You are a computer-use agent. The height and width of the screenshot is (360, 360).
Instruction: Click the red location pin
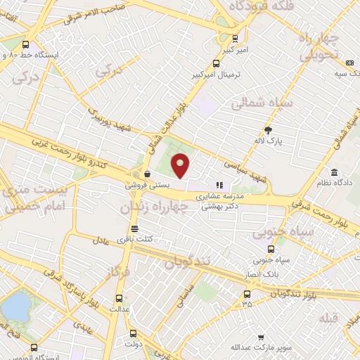pyautogui.click(x=181, y=166)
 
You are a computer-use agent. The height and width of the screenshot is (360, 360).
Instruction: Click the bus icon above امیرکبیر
pyautogui.click(x=235, y=39)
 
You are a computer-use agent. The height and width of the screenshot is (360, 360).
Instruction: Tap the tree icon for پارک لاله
pyautogui.click(x=268, y=129)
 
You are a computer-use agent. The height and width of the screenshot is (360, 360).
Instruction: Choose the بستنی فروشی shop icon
pyautogui.click(x=147, y=174)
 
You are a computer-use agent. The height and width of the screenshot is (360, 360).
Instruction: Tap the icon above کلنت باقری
pyautogui.click(x=135, y=229)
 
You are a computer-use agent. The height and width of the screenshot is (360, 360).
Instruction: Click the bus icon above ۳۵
pyautogui.click(x=246, y=294)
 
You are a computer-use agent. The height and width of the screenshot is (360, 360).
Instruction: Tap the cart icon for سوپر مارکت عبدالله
pyautogui.click(x=261, y=337)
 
